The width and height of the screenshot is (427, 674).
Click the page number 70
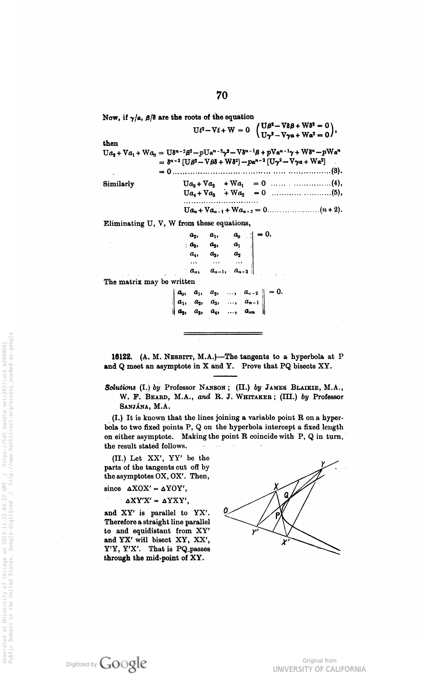(222, 96)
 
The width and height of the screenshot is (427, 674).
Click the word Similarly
(118, 184)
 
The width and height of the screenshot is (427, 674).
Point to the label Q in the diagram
(286, 495)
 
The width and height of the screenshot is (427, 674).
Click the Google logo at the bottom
(124, 662)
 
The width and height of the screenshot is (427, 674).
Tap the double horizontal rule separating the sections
(223, 333)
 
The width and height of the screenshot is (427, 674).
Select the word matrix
(135, 282)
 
